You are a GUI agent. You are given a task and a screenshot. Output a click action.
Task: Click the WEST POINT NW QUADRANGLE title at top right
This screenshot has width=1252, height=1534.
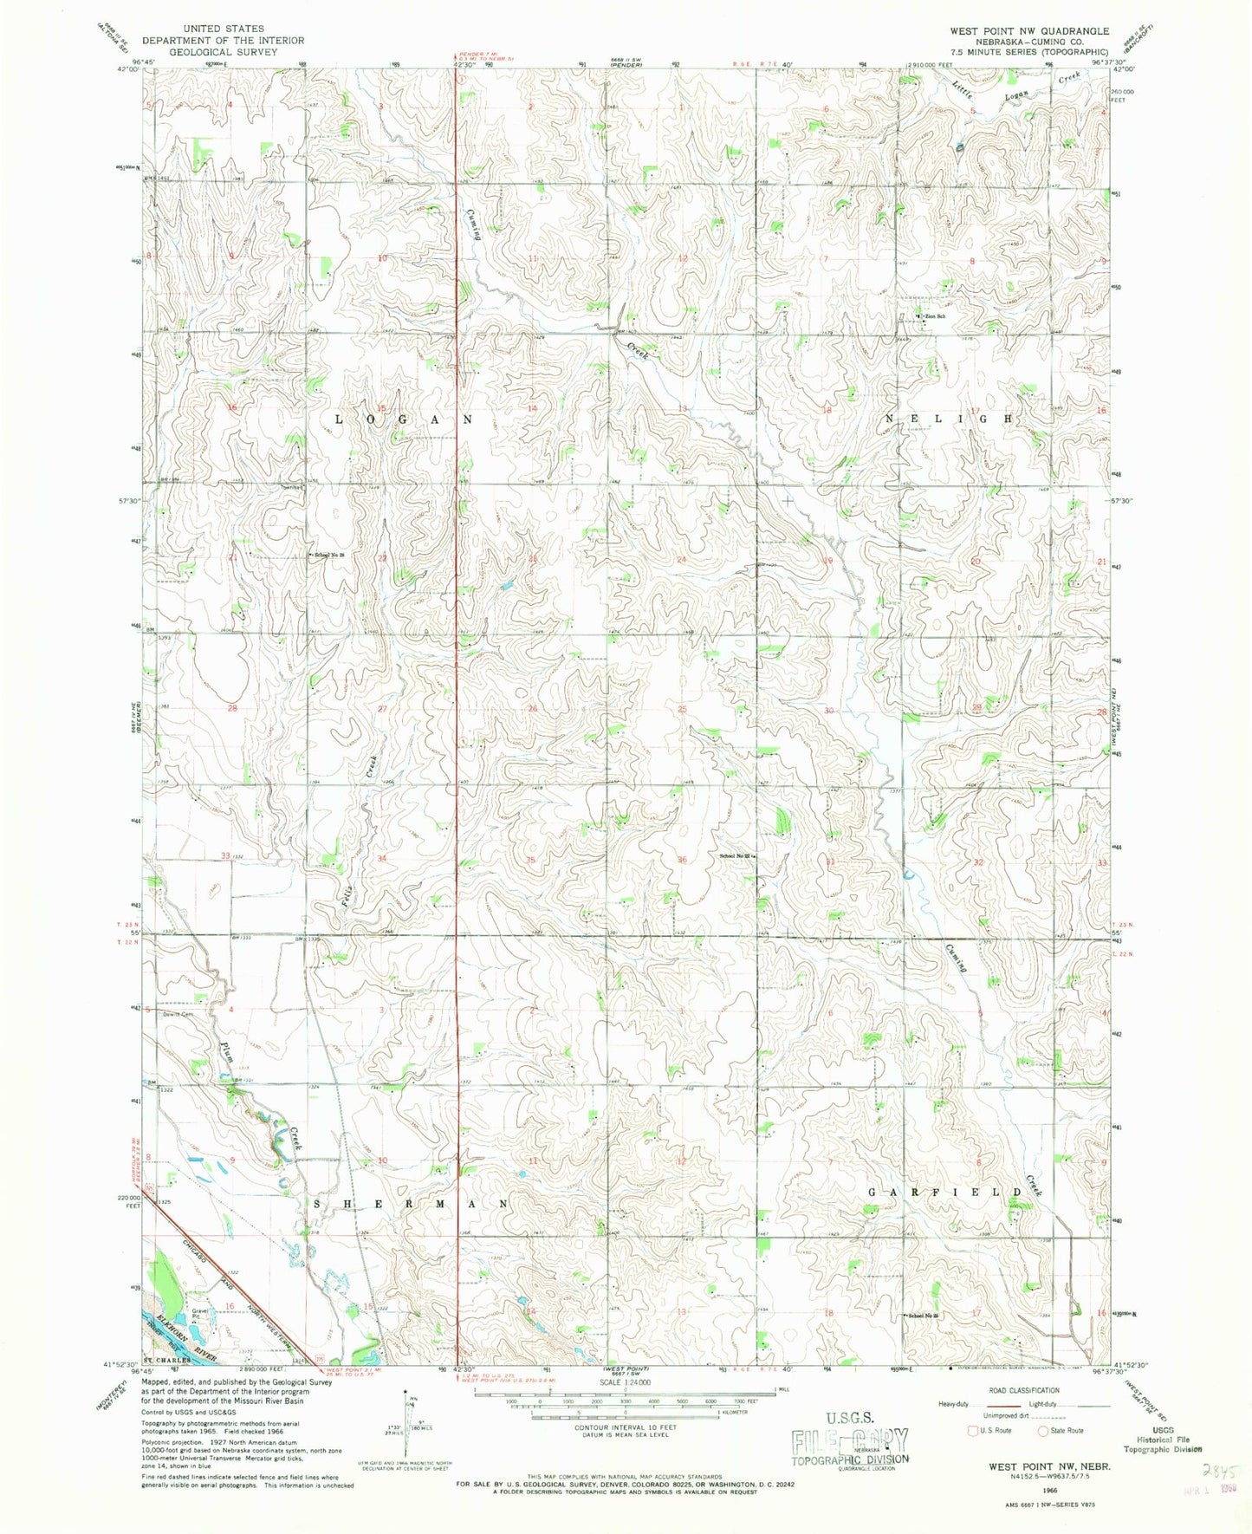point(1029,30)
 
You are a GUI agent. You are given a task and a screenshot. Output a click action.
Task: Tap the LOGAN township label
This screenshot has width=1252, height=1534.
point(404,419)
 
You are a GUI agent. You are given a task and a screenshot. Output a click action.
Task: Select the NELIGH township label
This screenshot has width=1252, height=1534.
point(947,418)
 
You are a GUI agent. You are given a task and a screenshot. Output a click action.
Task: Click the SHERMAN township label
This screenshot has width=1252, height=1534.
point(409,1205)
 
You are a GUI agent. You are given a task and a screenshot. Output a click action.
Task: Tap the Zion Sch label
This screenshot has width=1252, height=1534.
point(932,316)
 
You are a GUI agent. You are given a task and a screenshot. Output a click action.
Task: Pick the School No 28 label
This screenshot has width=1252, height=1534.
point(329,555)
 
